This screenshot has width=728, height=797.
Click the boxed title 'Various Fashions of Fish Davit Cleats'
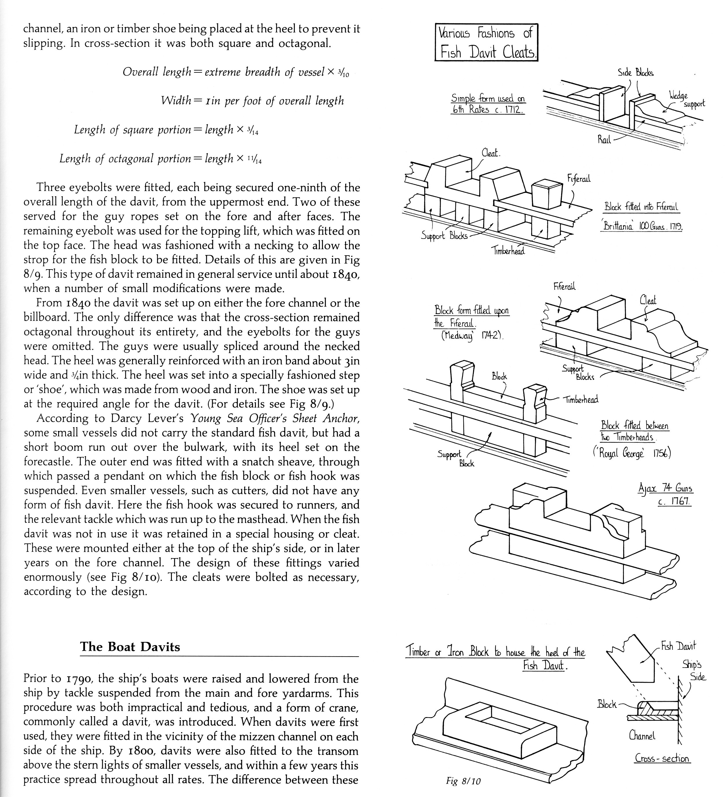coord(486,42)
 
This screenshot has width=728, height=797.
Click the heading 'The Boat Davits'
coord(130,647)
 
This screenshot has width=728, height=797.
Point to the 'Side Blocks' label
coord(635,73)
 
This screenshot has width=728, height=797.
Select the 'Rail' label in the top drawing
coord(604,139)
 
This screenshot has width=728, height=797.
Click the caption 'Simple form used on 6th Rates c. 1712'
coord(488,104)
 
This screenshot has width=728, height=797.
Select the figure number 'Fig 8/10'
coord(463,781)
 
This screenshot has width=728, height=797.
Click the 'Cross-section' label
coord(662,758)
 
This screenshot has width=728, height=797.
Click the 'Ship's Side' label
coord(694,670)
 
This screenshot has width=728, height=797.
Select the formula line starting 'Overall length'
coord(236,72)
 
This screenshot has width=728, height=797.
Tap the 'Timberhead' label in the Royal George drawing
coord(581,399)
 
